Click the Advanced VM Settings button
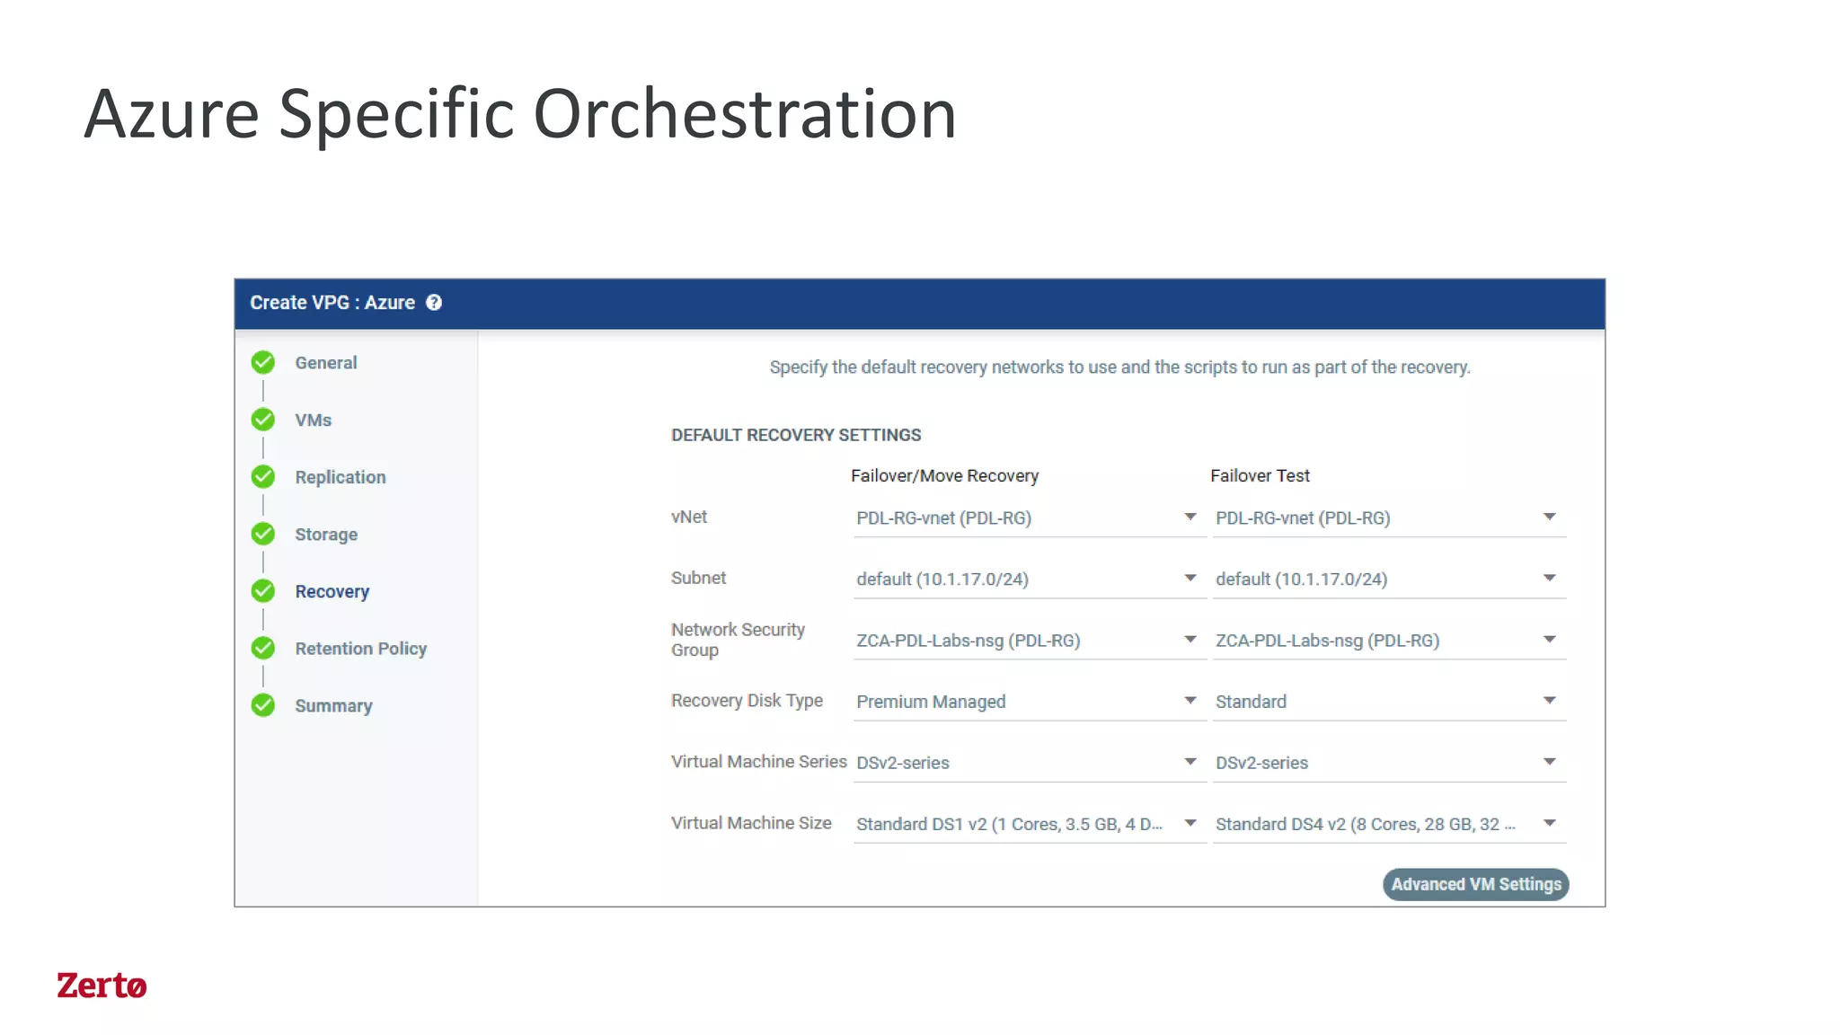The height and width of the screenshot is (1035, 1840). click(x=1475, y=884)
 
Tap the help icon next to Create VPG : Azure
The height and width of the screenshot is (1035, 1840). click(x=434, y=303)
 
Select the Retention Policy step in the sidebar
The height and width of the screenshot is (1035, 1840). click(x=360, y=649)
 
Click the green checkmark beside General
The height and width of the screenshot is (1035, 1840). click(x=263, y=362)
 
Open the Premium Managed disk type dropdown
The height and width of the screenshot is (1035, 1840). click(x=1028, y=702)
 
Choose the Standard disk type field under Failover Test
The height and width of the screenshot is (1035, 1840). click(x=1387, y=702)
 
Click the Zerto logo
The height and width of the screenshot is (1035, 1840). click(x=102, y=986)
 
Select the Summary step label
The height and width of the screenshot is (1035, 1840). click(x=333, y=706)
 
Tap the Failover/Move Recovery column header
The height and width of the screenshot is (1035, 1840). click(x=944, y=476)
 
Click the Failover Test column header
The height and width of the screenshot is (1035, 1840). click(x=1260, y=476)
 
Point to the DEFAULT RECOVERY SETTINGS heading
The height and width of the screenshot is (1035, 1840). click(x=796, y=435)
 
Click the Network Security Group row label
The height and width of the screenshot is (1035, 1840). click(x=738, y=640)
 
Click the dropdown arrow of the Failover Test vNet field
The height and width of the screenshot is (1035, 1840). click(x=1549, y=517)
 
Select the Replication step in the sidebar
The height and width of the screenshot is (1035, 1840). click(x=340, y=477)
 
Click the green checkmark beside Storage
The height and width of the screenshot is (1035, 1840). click(x=263, y=534)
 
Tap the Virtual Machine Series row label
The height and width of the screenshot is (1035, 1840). click(x=758, y=762)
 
